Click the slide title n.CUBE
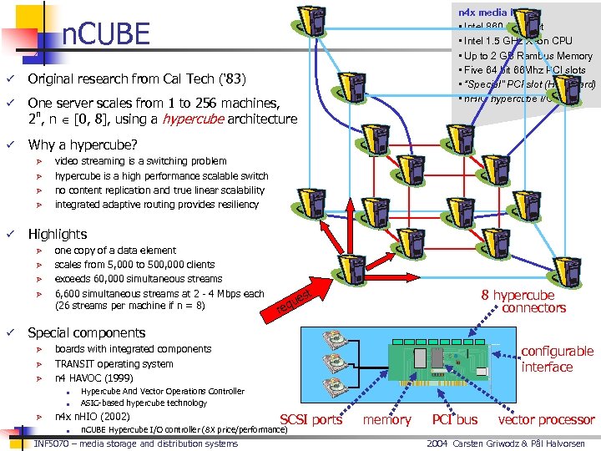pos(106,34)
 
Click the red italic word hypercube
pos(188,119)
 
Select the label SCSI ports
pos(311,419)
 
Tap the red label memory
pos(387,419)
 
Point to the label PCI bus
pos(455,419)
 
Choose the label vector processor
pos(546,419)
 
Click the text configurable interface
pos(557,359)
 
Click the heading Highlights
pos(57,234)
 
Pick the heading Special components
pos(86,332)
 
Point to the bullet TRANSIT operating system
pos(114,363)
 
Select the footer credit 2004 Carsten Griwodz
pos(509,443)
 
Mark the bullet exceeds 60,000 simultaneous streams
pos(138,279)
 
